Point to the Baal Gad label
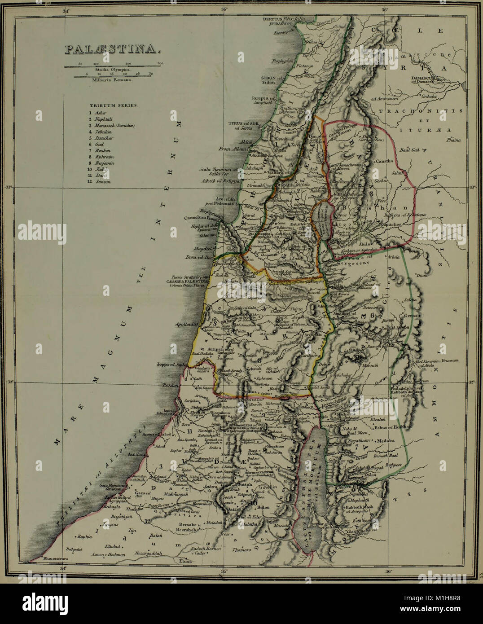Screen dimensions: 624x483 pos(413,149)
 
